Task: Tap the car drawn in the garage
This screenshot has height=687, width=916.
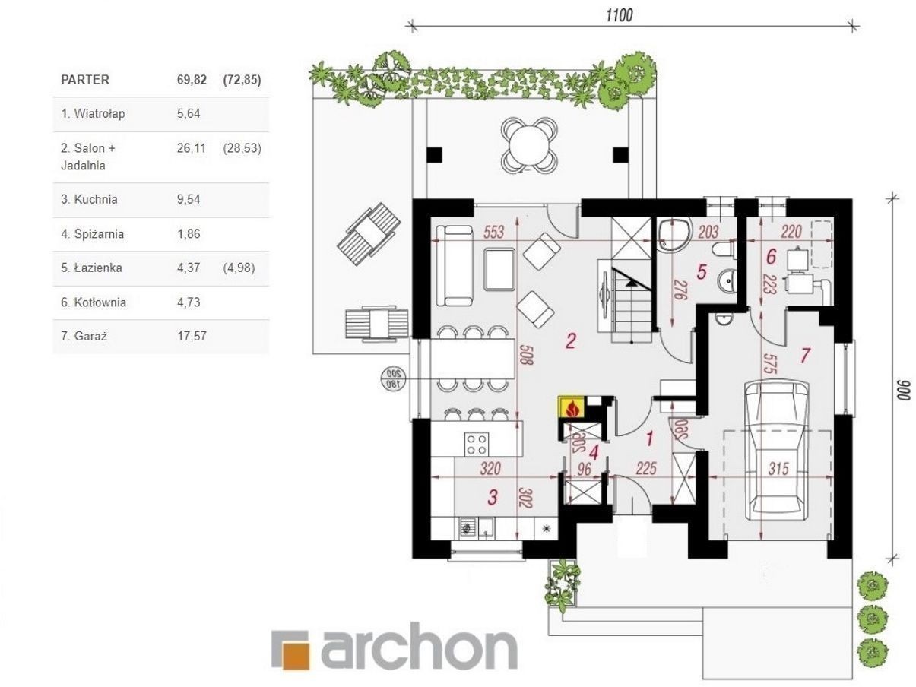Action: [x=777, y=451]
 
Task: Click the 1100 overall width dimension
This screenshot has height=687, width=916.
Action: [x=620, y=15]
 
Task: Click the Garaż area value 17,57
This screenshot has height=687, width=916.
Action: [x=192, y=336]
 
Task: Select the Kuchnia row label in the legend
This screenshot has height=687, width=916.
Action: [x=89, y=199]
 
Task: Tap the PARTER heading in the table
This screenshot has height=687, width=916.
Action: [x=85, y=79]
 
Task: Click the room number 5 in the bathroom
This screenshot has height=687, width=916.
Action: [x=702, y=272]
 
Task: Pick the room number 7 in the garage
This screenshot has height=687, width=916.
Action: [x=805, y=356]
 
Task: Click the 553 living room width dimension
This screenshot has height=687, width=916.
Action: [x=493, y=232]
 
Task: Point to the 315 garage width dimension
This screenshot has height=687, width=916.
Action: [x=778, y=469]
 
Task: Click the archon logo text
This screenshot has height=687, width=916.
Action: [x=419, y=647]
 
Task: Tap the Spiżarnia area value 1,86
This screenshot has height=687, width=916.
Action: [x=189, y=233]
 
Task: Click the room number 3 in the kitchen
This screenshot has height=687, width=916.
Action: [x=493, y=497]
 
